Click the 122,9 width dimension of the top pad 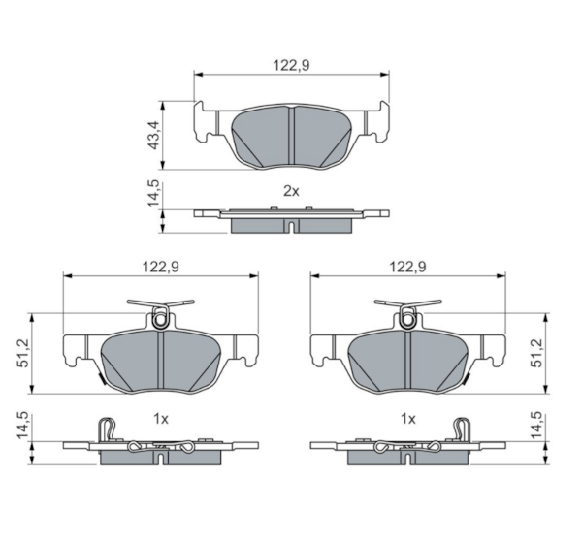[291, 65]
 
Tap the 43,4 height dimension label [153, 135]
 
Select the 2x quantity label [291, 191]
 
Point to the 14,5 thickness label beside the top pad [153, 194]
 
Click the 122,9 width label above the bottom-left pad [161, 267]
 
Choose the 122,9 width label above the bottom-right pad [408, 267]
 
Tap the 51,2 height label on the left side [23, 353]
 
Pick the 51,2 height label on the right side [537, 353]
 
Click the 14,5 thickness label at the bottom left [23, 426]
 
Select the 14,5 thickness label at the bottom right [537, 426]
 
